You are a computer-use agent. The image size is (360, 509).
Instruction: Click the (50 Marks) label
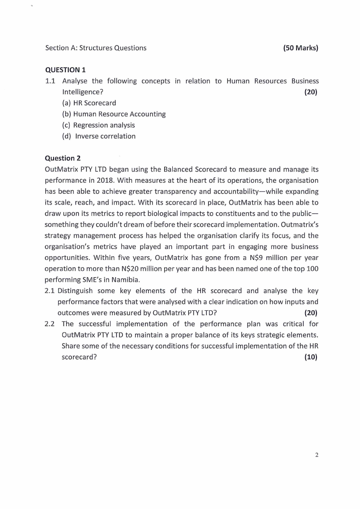tap(301, 48)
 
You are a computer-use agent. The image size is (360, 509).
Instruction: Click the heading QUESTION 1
tap(65, 70)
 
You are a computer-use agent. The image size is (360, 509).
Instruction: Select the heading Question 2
tap(63, 158)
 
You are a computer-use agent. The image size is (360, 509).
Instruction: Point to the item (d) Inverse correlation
tap(99, 136)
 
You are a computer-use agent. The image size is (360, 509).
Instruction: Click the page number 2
tap(316, 455)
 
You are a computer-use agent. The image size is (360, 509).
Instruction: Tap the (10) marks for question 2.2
tap(311, 357)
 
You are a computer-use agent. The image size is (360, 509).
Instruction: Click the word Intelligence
tap(82, 92)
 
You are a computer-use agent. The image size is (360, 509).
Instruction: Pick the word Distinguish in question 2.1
tap(76, 291)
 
